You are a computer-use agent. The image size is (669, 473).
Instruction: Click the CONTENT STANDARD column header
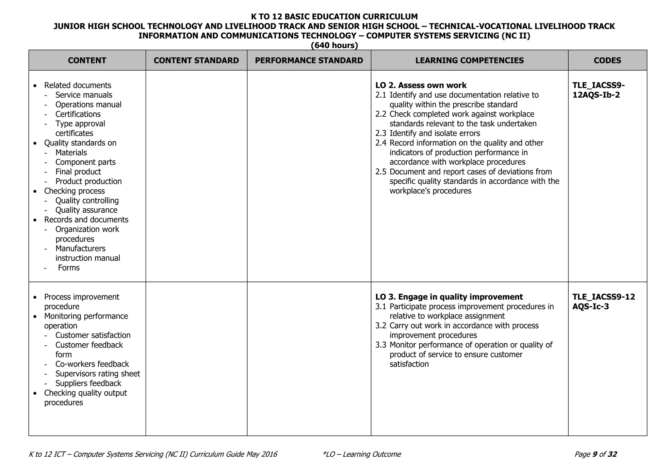[x=196, y=60]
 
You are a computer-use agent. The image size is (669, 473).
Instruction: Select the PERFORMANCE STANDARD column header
[x=309, y=60]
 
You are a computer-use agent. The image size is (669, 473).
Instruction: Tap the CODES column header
[x=607, y=60]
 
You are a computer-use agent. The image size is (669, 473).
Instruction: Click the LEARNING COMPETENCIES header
[x=469, y=60]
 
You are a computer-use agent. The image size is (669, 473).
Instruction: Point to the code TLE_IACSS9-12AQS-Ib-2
[x=598, y=90]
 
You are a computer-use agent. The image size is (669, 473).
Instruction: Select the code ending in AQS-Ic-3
[x=603, y=302]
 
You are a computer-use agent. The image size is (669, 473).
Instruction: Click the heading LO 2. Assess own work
[x=421, y=86]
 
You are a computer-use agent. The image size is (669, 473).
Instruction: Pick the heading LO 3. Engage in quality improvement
[x=449, y=297]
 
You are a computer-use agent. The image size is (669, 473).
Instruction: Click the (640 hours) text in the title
[x=334, y=45]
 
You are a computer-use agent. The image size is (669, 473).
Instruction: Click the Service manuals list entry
[x=84, y=95]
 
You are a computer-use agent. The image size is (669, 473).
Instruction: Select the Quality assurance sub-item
[x=86, y=210]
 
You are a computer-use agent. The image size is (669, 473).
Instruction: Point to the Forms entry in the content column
[x=69, y=268]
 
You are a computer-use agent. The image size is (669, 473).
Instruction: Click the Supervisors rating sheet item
[x=97, y=374]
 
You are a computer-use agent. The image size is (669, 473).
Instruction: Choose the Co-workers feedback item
[x=92, y=364]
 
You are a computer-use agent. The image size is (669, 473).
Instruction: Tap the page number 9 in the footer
[x=595, y=454]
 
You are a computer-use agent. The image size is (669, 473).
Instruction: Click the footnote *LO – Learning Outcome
[x=361, y=454]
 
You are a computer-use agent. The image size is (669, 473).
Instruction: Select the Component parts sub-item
[x=85, y=162]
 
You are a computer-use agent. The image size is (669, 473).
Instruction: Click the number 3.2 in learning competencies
[x=381, y=326]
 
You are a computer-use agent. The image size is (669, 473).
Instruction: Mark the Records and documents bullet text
[x=86, y=220]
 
